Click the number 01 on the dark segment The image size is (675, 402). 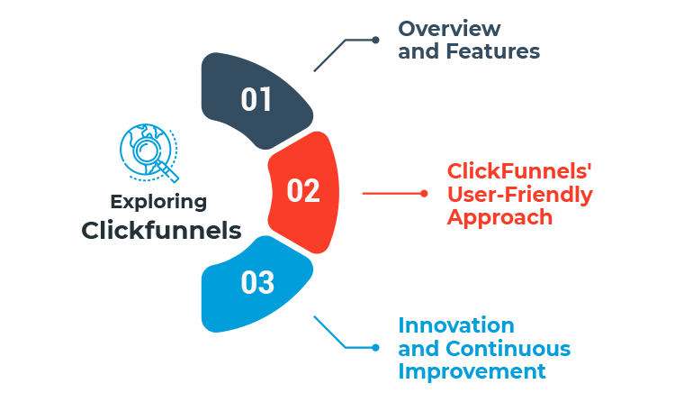click(256, 100)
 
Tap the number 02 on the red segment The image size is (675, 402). click(303, 191)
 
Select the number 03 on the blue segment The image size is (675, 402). click(257, 283)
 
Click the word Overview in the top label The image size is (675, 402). click(450, 29)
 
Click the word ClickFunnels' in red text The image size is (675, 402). click(510, 171)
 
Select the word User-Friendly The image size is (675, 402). click(520, 194)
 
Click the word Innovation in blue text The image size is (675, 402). click(456, 325)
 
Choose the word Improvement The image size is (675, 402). click(472, 370)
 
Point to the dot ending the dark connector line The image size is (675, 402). click(375, 40)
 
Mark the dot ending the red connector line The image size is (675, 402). click(424, 193)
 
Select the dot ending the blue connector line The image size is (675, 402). click(375, 347)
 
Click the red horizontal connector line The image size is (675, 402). click(392, 193)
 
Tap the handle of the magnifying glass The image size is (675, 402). click(168, 172)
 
